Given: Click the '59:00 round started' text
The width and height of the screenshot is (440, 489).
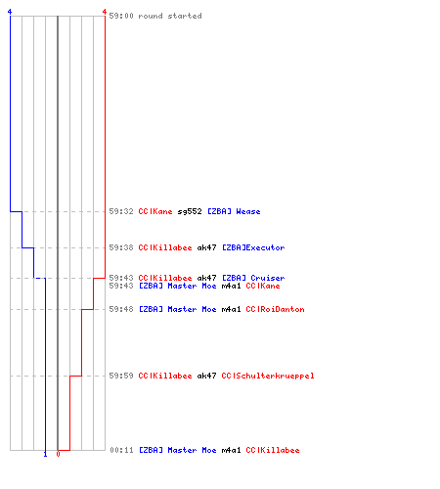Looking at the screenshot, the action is (x=155, y=16).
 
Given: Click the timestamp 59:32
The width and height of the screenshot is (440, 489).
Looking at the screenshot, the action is (x=121, y=211).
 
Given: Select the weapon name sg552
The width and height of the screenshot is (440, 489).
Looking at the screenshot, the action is (x=190, y=212).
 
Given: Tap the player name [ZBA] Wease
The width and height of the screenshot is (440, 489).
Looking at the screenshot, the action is (x=234, y=211).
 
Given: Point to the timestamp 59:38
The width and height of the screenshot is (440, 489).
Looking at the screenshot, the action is (x=121, y=247).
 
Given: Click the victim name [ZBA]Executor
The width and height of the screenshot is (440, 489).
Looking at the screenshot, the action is (x=253, y=247).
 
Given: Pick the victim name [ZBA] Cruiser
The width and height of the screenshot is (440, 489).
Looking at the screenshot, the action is (x=253, y=278).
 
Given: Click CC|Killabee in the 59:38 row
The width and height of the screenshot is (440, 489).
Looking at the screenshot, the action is (x=165, y=247).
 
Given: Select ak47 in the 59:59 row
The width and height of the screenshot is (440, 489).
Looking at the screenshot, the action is (x=206, y=376).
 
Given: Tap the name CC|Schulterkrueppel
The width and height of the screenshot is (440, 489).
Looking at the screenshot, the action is (x=268, y=376).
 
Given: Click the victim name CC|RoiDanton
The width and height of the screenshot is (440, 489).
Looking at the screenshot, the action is (x=275, y=309).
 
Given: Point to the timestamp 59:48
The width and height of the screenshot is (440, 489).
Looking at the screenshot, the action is (x=121, y=309).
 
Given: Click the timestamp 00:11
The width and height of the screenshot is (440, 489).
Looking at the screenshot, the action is (x=122, y=450).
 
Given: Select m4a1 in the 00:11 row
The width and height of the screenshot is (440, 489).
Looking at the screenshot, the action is (x=231, y=450).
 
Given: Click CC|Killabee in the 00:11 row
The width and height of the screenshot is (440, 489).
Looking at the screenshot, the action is (x=273, y=450).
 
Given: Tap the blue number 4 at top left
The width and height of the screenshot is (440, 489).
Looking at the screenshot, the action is (x=10, y=12).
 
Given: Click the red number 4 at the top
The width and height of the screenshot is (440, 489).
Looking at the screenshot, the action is (x=105, y=12).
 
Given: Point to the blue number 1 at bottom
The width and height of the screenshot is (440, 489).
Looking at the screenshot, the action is (x=45, y=454).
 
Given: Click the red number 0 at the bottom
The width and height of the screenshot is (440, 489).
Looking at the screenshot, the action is (x=58, y=454).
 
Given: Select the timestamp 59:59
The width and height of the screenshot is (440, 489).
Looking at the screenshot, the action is (x=121, y=376).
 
